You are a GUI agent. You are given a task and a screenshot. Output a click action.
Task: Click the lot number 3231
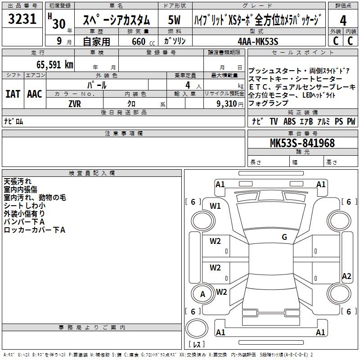click(22, 20)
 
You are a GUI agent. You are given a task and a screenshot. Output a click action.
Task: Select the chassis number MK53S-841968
click(302, 143)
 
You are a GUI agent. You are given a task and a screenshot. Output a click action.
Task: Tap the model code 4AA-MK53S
click(258, 41)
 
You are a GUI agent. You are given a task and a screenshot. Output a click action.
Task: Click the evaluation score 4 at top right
click(343, 21)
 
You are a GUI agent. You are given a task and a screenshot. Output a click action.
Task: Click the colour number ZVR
click(74, 103)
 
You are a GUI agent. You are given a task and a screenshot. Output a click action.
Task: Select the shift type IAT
click(13, 94)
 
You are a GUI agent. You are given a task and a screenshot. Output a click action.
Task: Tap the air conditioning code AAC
click(35, 94)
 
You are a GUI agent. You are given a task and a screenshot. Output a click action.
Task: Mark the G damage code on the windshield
click(284, 237)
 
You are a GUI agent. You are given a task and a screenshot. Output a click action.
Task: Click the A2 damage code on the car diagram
click(346, 276)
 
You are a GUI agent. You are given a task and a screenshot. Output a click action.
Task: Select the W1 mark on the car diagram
click(215, 206)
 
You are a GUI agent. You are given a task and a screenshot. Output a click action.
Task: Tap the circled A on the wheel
click(202, 294)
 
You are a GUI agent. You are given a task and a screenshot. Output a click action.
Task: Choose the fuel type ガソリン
click(173, 41)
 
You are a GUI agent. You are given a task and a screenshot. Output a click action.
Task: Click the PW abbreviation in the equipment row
click(351, 121)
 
